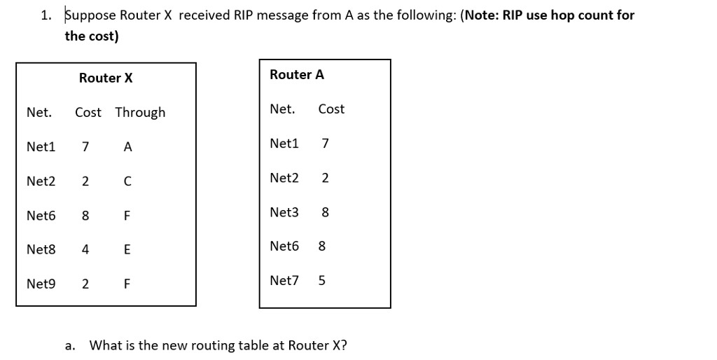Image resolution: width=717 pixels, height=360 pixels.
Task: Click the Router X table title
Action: point(106,78)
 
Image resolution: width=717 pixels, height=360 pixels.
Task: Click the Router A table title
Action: point(297,75)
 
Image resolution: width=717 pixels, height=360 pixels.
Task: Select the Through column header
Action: point(140,113)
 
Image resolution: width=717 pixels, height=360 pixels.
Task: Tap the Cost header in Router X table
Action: point(88,113)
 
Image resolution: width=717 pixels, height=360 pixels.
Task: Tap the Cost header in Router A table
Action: point(331,109)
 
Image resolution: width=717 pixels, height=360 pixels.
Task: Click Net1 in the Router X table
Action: point(41,147)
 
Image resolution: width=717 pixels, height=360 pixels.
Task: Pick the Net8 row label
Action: point(41,249)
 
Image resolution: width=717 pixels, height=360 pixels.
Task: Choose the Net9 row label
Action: point(41,284)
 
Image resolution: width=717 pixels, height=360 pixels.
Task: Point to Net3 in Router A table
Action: point(284,212)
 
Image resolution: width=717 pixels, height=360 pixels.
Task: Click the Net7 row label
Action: point(284,281)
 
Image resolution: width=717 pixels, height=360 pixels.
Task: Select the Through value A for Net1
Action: point(127,147)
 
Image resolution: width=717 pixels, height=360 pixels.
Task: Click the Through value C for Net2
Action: point(127,181)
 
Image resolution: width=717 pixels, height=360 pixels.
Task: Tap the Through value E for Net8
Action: point(127,249)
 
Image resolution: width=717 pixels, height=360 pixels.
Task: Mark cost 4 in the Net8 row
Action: point(85,249)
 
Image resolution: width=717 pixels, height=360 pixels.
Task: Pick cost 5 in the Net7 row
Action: point(322,281)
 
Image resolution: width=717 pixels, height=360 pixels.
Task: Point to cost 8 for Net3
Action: point(325,212)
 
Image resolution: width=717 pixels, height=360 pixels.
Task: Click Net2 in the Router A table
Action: point(284,178)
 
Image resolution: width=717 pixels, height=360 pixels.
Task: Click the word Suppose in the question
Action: point(88,15)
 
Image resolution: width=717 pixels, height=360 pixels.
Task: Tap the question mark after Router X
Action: point(344,345)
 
